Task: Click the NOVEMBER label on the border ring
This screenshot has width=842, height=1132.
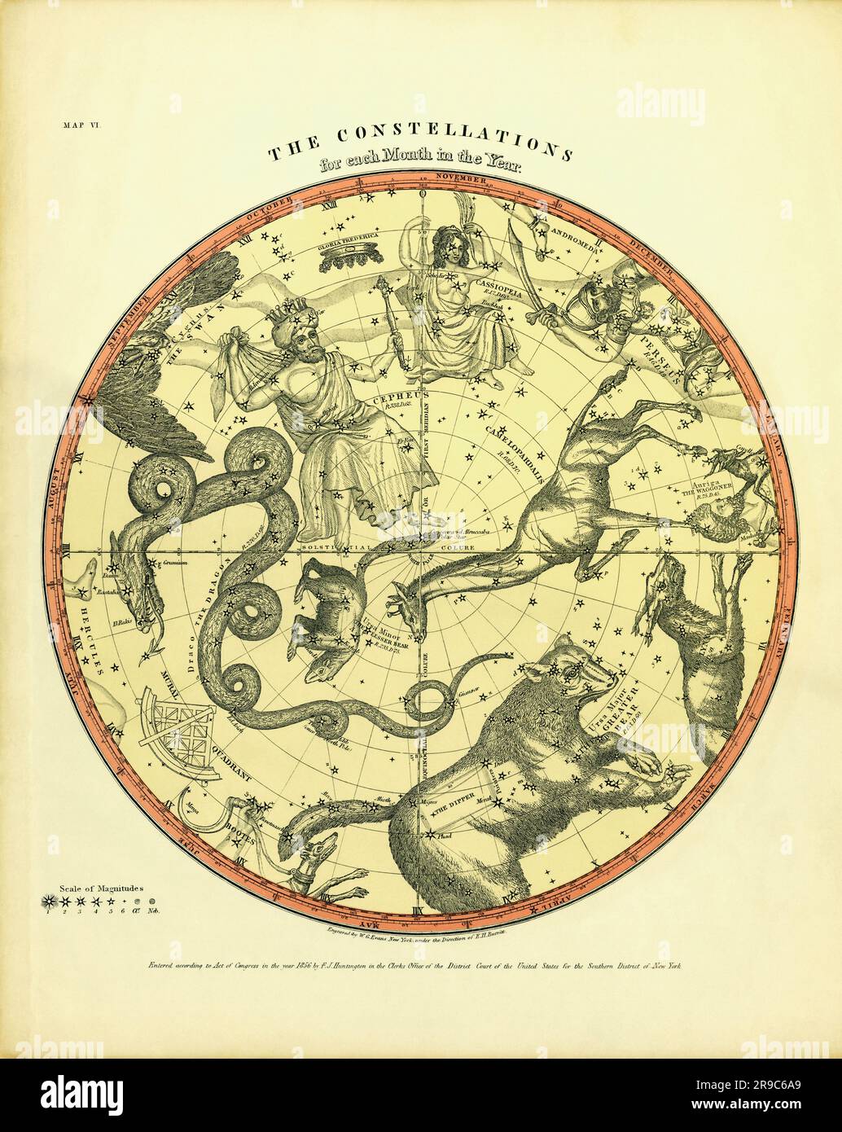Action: pyautogui.click(x=458, y=178)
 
